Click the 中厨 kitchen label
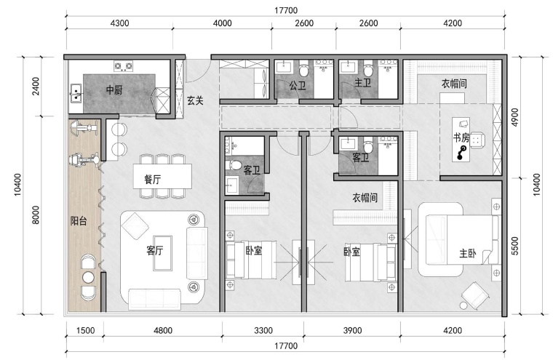click(x=114, y=90)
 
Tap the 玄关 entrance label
click(x=195, y=101)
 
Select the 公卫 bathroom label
click(x=298, y=85)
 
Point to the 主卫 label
click(x=363, y=83)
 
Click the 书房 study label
click(x=461, y=137)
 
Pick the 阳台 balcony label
click(x=79, y=221)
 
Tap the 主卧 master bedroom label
click(x=468, y=253)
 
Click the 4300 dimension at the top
click(x=119, y=23)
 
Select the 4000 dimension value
click(x=223, y=23)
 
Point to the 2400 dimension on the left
click(x=36, y=86)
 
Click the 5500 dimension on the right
click(x=515, y=246)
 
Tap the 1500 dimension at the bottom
click(x=85, y=330)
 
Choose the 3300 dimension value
click(x=263, y=330)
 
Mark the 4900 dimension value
click(x=515, y=117)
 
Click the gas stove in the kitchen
click(x=123, y=66)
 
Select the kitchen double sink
click(x=76, y=93)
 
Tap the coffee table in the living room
click(x=162, y=253)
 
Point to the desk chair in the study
click(x=477, y=140)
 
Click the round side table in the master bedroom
click(x=464, y=305)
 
